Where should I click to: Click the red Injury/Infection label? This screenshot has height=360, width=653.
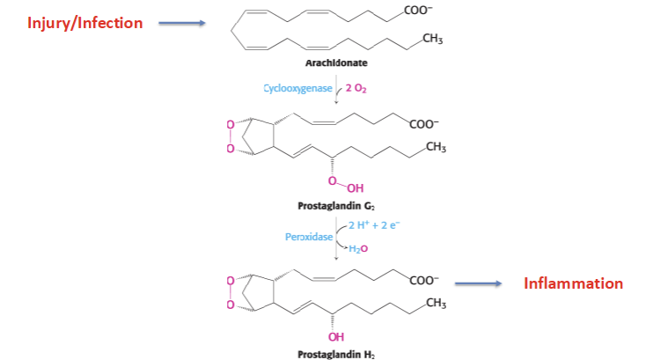pyautogui.click(x=84, y=23)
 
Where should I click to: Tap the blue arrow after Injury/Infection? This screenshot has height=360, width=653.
pyautogui.click(x=181, y=24)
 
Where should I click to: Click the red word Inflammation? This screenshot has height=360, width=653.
pyautogui.click(x=573, y=283)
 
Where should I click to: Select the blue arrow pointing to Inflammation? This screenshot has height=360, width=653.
pyautogui.click(x=477, y=283)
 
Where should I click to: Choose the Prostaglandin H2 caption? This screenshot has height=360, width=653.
pyautogui.click(x=334, y=354)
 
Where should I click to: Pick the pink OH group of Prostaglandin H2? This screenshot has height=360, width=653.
pyautogui.click(x=335, y=336)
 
